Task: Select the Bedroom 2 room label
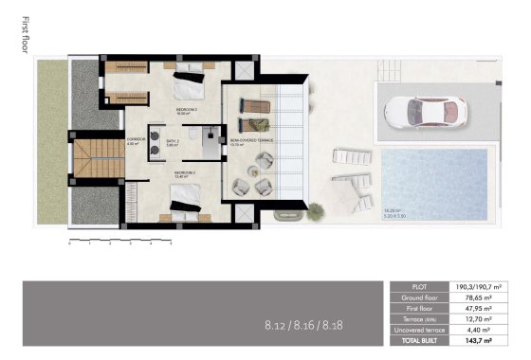pos(188,111)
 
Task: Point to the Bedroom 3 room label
pos(186,173)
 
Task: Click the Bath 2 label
pos(173,142)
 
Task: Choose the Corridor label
pos(137,141)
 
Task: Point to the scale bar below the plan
pos(119,242)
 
